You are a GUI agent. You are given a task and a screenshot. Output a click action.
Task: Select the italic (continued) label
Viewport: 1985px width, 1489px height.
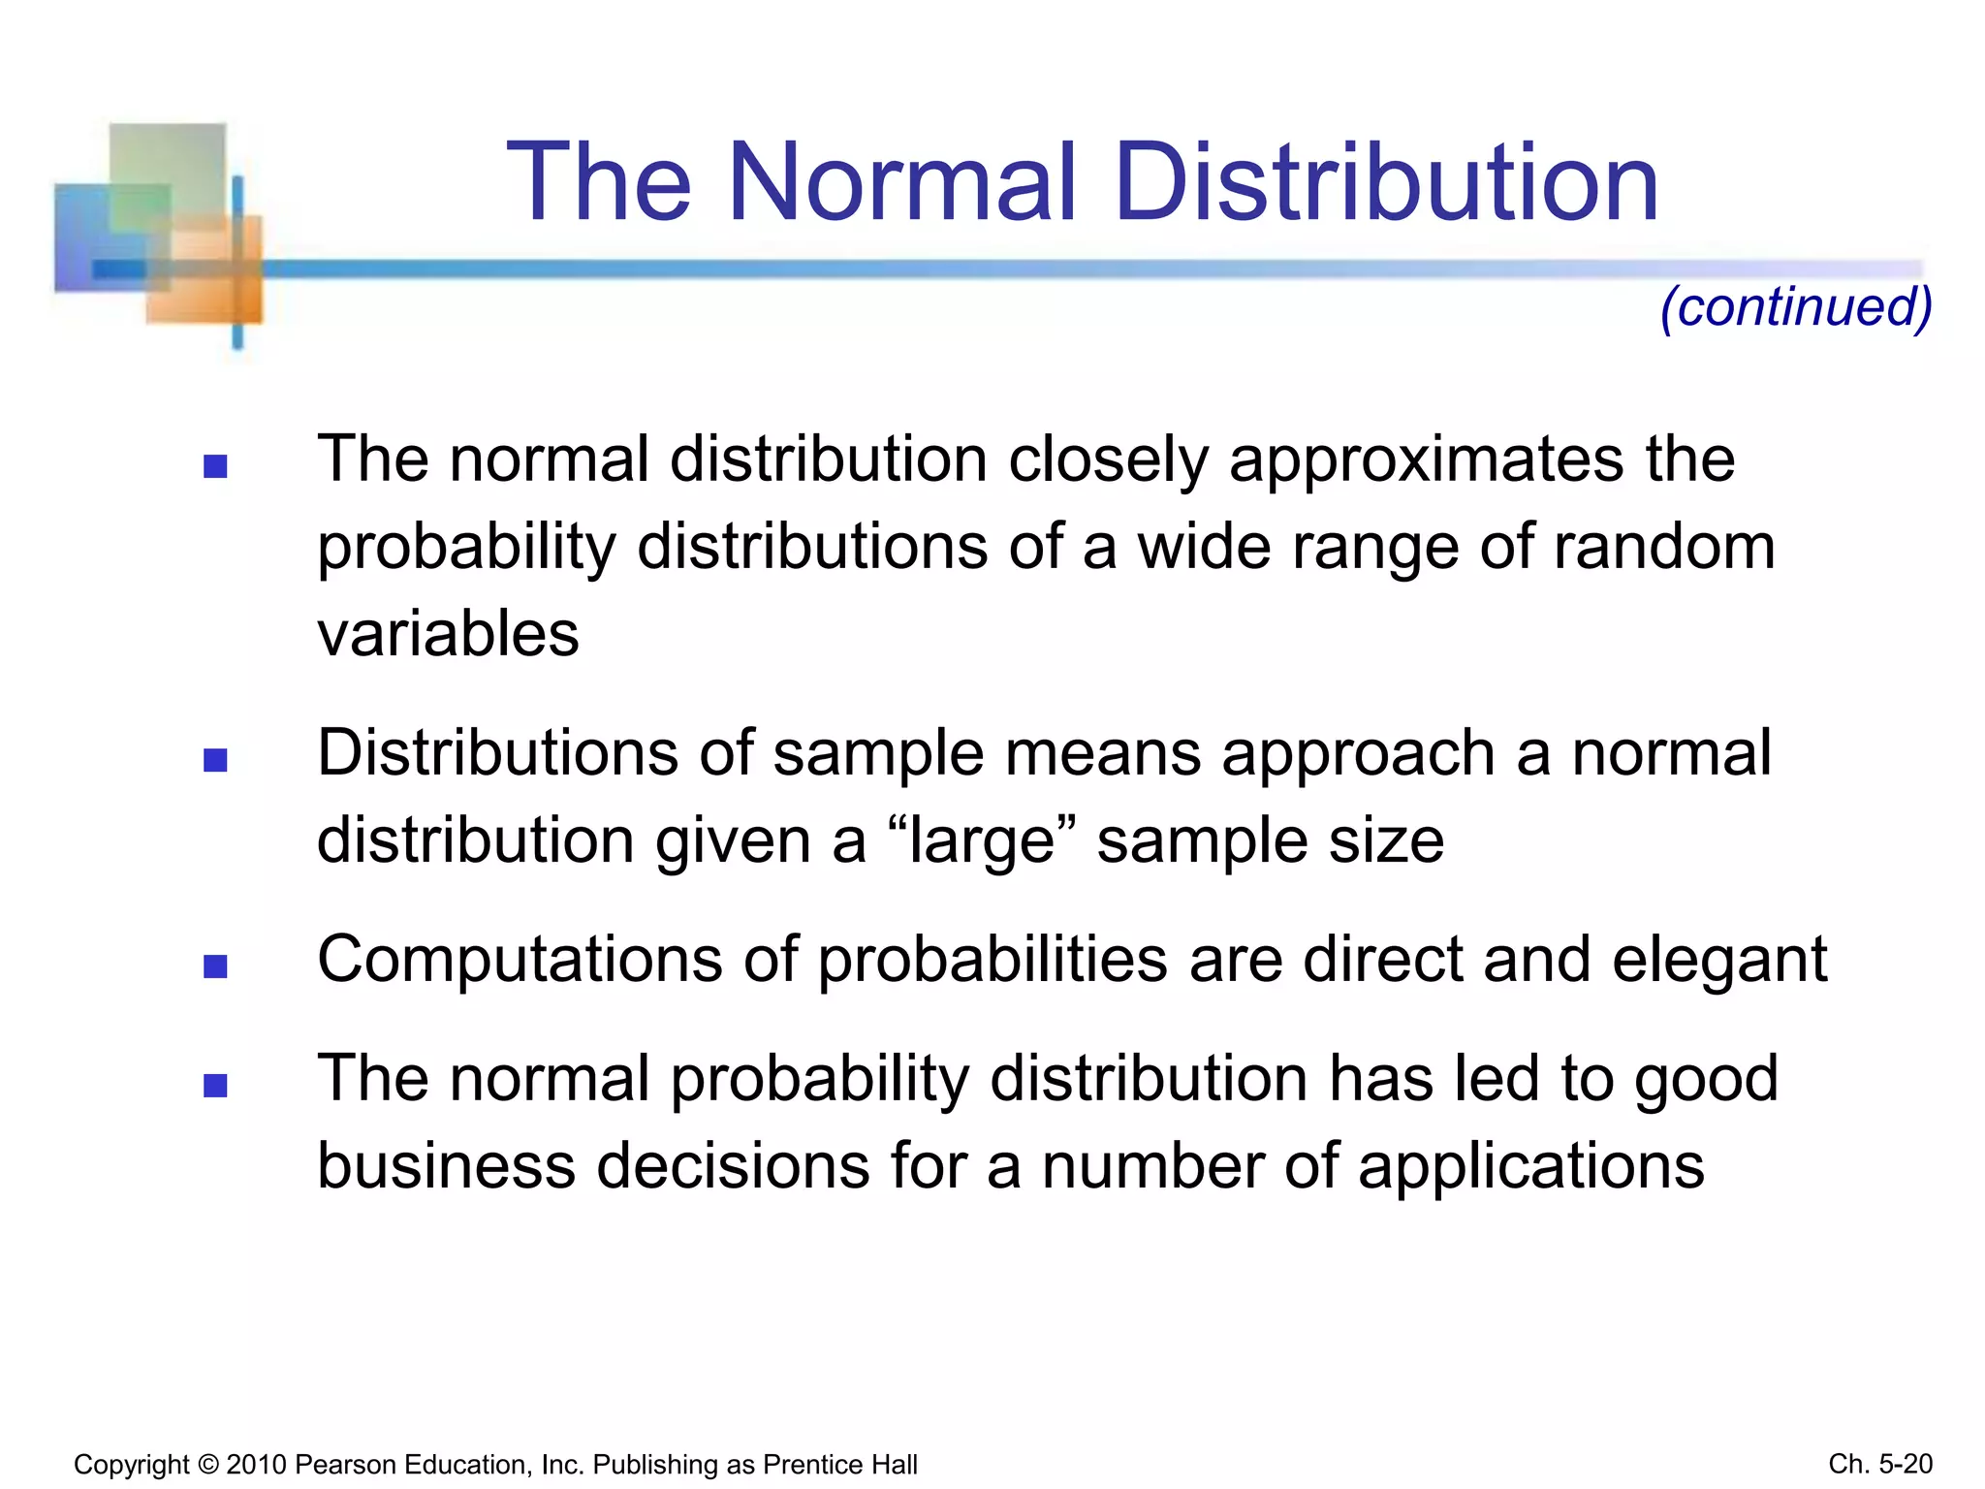1796,307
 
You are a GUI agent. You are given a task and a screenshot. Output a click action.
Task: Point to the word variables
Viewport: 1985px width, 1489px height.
448,634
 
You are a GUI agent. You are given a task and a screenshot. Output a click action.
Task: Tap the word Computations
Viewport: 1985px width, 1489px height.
520,960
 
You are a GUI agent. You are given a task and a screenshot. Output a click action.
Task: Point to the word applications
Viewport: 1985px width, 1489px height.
1530,1167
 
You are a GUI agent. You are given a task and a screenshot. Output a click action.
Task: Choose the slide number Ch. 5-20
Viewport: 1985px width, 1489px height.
1880,1464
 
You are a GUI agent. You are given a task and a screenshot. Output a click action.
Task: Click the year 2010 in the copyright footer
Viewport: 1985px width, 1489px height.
256,1465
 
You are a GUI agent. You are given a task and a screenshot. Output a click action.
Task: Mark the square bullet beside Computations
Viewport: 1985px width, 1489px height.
215,966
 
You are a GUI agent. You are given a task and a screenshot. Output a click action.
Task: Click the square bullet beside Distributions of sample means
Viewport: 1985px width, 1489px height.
215,760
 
